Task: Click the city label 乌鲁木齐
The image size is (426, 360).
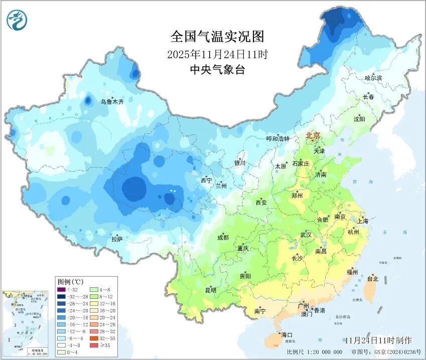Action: pyautogui.click(x=112, y=101)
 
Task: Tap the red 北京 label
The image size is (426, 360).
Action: pyautogui.click(x=313, y=135)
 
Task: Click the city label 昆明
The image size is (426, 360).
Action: pyautogui.click(x=210, y=290)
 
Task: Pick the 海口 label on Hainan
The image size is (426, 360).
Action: pyautogui.click(x=287, y=334)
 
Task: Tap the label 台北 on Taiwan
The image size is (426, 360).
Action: pyautogui.click(x=372, y=278)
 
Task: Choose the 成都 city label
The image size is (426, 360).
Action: pyautogui.click(x=223, y=238)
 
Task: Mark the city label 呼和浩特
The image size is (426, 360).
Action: pyautogui.click(x=277, y=138)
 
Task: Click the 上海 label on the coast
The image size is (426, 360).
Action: pyautogui.click(x=362, y=221)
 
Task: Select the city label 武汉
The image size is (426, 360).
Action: pyautogui.click(x=306, y=235)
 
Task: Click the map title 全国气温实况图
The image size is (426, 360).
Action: pyautogui.click(x=217, y=37)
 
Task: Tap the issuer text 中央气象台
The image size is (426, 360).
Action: pyautogui.click(x=217, y=70)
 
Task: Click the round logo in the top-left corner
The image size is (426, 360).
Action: pyautogui.click(x=17, y=20)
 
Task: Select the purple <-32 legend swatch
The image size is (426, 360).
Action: pyautogui.click(x=62, y=289)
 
